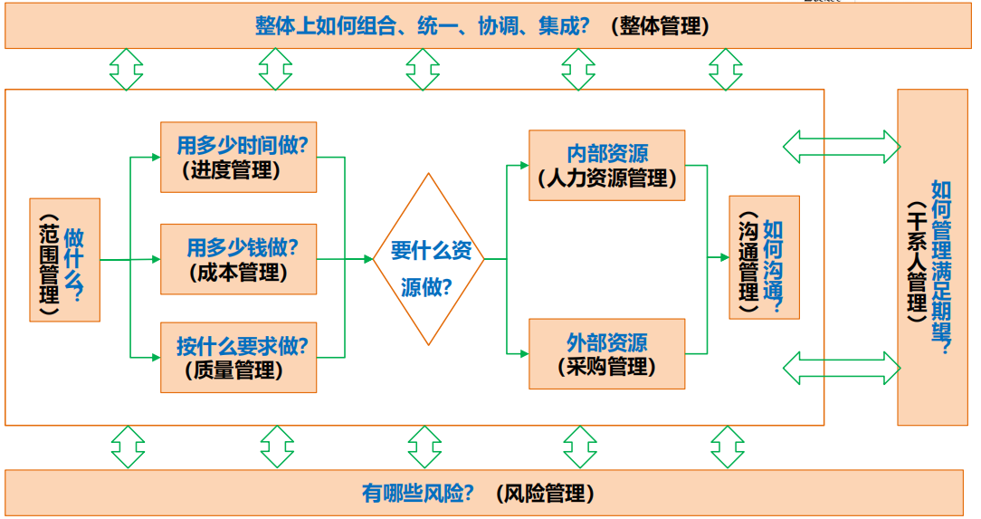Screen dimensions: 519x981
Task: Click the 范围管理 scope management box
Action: point(64,260)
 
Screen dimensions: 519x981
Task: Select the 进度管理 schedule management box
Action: point(238,157)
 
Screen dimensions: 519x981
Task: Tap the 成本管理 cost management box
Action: point(238,259)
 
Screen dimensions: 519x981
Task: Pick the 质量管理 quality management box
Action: point(238,357)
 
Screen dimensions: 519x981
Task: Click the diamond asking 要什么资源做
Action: point(430,259)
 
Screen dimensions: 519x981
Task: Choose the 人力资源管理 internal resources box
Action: point(606,165)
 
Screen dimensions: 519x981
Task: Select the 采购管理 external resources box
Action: point(606,354)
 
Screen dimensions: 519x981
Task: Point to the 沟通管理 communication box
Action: point(764,257)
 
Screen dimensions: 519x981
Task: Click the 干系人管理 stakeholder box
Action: point(931,257)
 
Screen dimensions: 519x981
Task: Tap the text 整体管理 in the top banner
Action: point(660,25)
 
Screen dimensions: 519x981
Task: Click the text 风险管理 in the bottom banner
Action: point(546,494)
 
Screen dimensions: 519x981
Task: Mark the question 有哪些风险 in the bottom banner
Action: point(417,494)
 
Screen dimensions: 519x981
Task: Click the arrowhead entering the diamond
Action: point(367,259)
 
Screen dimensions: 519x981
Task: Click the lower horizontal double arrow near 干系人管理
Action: point(842,367)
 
